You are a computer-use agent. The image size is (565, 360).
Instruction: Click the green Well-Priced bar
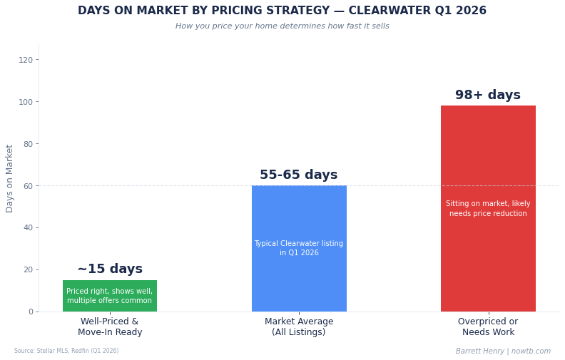(110, 295)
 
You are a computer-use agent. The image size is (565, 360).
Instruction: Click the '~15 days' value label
(110, 269)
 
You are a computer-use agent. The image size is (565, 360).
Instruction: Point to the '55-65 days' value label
(299, 175)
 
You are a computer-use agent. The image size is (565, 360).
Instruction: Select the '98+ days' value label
(488, 96)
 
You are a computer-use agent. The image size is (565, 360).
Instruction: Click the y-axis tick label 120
(26, 60)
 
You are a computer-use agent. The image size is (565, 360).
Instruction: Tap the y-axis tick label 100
(26, 102)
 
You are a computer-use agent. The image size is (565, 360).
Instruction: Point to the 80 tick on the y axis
(28, 144)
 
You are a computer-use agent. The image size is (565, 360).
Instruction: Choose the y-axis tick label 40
(28, 228)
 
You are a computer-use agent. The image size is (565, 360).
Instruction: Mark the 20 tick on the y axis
(28, 269)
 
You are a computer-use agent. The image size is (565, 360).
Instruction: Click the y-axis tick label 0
(30, 312)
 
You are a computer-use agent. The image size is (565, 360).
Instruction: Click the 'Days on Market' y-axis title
(10, 178)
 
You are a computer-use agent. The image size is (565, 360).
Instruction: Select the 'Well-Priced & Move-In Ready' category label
(110, 327)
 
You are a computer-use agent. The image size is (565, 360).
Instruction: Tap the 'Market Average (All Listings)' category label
(299, 327)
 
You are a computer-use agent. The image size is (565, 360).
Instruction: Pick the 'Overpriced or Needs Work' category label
(488, 327)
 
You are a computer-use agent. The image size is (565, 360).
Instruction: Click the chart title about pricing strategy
(282, 11)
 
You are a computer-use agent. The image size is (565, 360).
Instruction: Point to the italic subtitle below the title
(282, 26)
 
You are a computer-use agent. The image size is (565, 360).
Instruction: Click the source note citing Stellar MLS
(66, 351)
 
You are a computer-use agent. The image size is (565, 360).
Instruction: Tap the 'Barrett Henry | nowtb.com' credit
(503, 351)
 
